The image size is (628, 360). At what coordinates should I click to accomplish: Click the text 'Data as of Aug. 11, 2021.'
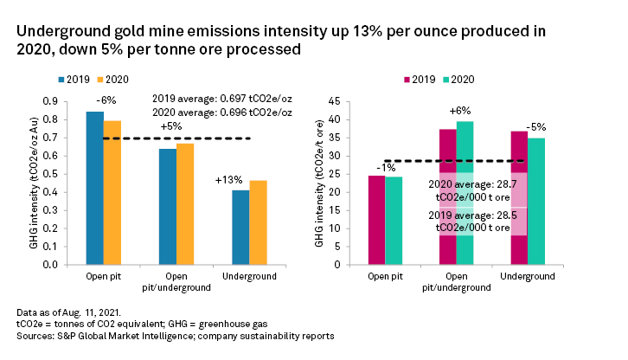pos(67,310)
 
